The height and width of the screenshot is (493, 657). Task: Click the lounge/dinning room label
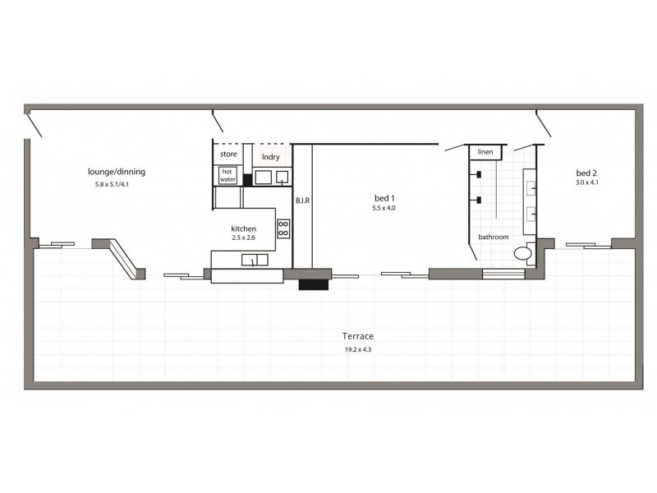coord(117,172)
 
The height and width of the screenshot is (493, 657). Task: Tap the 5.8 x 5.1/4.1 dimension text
coord(117,185)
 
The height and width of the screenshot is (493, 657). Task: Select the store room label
coord(228,154)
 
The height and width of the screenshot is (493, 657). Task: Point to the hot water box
coord(227,175)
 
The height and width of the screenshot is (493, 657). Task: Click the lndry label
coord(270,156)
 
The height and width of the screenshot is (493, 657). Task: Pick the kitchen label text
coord(243,228)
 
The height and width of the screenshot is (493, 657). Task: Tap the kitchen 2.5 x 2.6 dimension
coord(244,238)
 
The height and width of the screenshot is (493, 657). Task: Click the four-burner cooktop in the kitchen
coord(283,228)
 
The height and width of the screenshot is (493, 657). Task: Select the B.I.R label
coord(301,200)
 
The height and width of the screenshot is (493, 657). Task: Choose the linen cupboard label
coord(485,153)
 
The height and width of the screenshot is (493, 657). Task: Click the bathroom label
coord(494,237)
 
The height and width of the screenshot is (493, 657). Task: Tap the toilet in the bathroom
coord(523,254)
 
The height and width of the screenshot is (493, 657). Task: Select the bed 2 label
coord(585,173)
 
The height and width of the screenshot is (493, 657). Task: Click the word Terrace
coord(359,336)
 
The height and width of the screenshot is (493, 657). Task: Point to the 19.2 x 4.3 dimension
coord(359,349)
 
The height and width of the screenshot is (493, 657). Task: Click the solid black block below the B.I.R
coord(313,284)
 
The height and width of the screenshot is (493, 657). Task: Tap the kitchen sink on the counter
coord(255,260)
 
